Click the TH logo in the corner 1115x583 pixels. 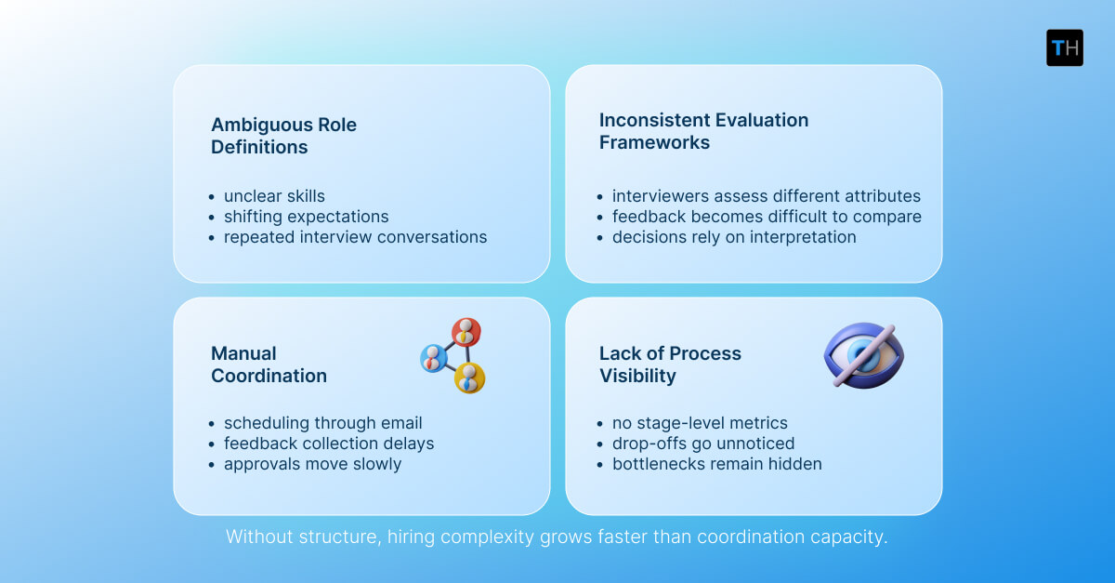1064,47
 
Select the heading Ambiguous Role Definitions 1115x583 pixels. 283,136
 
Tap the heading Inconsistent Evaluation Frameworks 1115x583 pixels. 703,131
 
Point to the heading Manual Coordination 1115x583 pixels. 269,364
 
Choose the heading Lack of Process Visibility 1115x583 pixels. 670,364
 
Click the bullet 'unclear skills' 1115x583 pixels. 274,196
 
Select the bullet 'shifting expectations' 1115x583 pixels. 306,217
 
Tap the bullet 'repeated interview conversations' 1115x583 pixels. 355,237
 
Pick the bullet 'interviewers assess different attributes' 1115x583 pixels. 766,196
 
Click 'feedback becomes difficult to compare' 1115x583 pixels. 767,217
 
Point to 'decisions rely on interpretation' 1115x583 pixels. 734,237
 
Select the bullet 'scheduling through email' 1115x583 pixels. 322,423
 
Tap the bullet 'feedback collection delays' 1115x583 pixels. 329,444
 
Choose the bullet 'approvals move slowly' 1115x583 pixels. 312,464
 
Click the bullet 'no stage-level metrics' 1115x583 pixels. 700,423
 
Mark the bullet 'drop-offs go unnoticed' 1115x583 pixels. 703,444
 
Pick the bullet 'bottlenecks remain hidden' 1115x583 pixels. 716,464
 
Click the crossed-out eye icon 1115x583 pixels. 863,356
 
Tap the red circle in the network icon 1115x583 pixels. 466,331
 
